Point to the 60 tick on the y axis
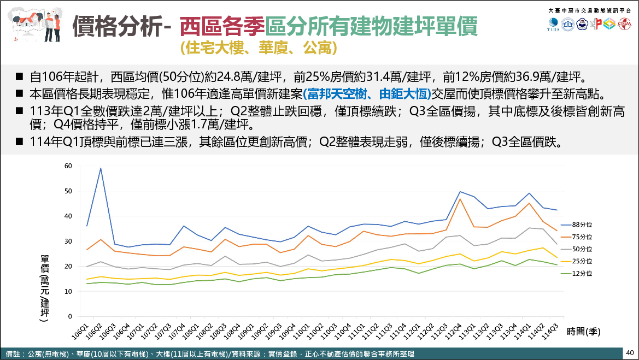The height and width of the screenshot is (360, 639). [68, 166]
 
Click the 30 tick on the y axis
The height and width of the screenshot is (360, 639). [68, 241]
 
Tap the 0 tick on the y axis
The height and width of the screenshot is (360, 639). [69, 316]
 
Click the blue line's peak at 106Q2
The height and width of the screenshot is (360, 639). [101, 168]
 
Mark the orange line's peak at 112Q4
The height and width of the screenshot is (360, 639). [460, 199]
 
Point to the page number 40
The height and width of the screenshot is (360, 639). [630, 352]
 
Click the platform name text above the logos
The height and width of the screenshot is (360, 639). [589, 10]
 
